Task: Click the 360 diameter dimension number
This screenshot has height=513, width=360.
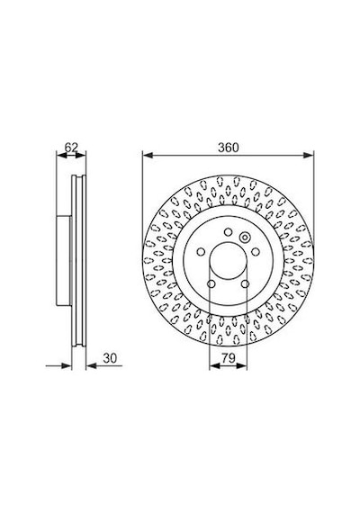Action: [x=228, y=148]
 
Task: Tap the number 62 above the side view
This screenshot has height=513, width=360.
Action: [x=71, y=148]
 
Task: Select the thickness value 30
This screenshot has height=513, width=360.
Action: [x=110, y=358]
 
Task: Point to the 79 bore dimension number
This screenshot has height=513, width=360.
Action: [x=228, y=358]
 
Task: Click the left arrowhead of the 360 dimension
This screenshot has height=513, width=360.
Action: [x=148, y=156]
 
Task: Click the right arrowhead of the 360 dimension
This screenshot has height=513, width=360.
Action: [x=309, y=156]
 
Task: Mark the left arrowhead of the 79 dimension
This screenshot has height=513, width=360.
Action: [x=214, y=366]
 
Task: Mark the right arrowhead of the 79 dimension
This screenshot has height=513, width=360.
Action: [x=241, y=366]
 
